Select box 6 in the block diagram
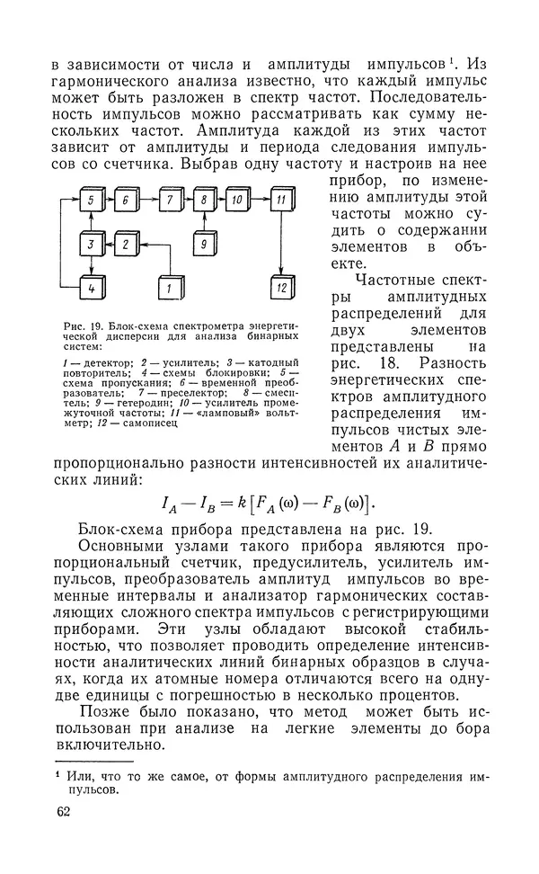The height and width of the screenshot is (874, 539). tap(128, 200)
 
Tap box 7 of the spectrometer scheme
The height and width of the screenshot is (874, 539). tap(168, 200)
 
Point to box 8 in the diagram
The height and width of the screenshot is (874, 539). tap(206, 200)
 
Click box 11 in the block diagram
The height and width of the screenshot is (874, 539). tap(281, 200)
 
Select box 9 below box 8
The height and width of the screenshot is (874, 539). tap(206, 244)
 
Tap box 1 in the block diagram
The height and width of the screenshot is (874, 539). tap(167, 288)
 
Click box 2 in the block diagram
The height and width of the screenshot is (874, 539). tap(128, 244)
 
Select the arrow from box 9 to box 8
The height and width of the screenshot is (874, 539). tap(206, 222)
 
